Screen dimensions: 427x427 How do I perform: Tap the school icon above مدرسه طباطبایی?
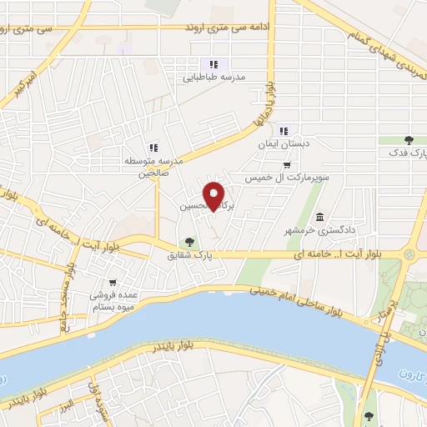click(x=213, y=63)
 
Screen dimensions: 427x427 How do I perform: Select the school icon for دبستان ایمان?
click(x=285, y=130)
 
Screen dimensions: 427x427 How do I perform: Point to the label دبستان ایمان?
click(x=284, y=143)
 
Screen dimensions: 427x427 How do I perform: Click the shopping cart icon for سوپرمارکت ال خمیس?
click(x=287, y=164)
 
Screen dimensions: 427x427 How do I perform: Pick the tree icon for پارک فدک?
click(x=408, y=140)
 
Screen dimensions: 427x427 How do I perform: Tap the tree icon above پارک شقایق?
click(x=190, y=242)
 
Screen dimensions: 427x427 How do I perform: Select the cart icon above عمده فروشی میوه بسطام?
click(x=113, y=282)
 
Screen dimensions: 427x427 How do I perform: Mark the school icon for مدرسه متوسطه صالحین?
click(x=153, y=148)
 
